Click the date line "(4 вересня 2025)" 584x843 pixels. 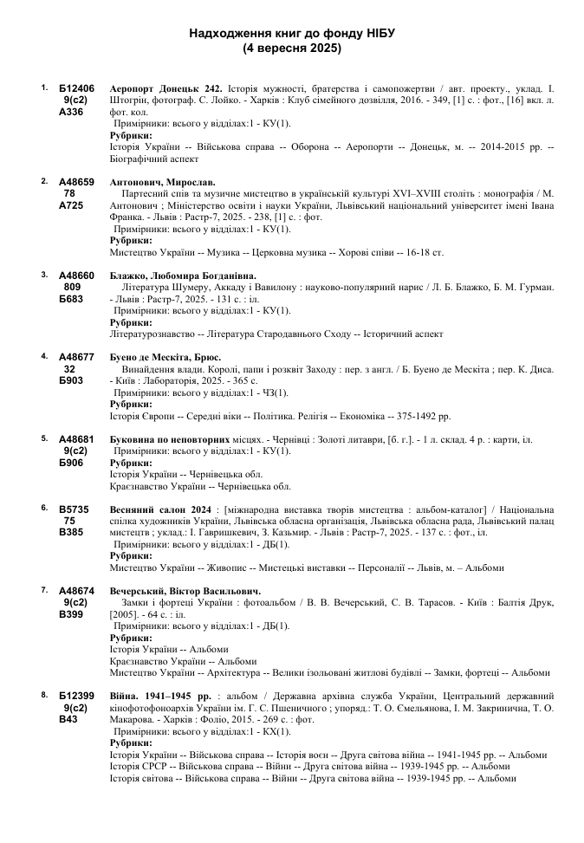pyautogui.click(x=292, y=49)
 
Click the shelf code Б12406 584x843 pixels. pyautogui.click(x=76, y=88)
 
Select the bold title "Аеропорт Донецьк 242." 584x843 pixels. pyautogui.click(x=166, y=88)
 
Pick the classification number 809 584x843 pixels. pyautogui.click(x=73, y=286)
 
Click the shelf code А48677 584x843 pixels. pyautogui.click(x=76, y=356)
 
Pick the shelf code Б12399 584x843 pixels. pyautogui.click(x=76, y=695)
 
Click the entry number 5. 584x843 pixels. pyautogui.click(x=44, y=438)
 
